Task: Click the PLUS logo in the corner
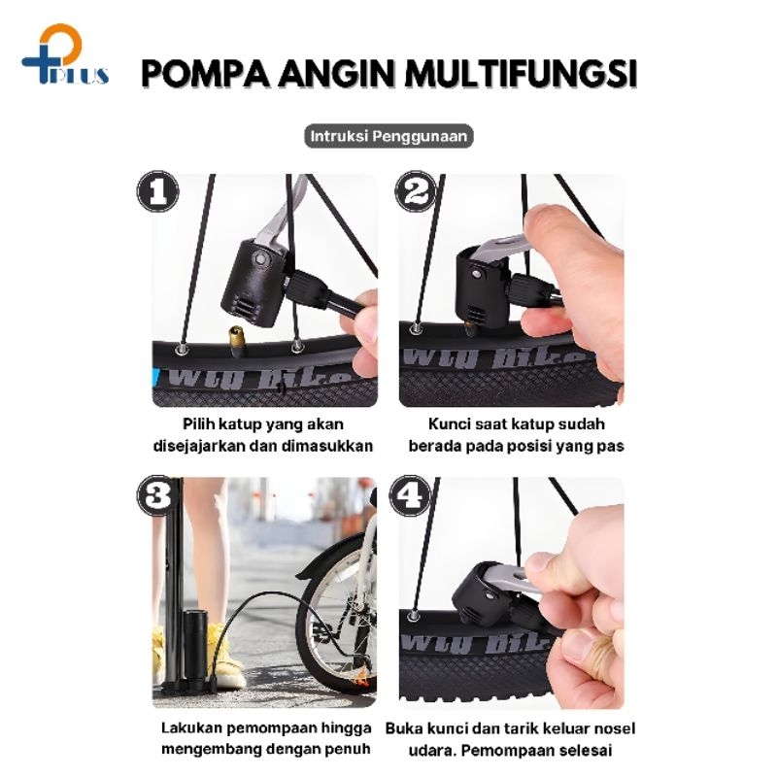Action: pyautogui.click(x=65, y=54)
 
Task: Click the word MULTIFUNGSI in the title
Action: pyautogui.click(x=521, y=74)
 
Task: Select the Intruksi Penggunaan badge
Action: pyautogui.click(x=388, y=136)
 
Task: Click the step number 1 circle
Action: pyautogui.click(x=158, y=191)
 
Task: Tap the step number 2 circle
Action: pyautogui.click(x=417, y=191)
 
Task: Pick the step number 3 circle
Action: pyautogui.click(x=158, y=496)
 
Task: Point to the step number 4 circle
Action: pyautogui.click(x=410, y=496)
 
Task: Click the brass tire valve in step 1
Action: pyautogui.click(x=236, y=341)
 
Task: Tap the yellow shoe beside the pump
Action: pyautogui.click(x=224, y=655)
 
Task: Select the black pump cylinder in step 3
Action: pyautogui.click(x=193, y=649)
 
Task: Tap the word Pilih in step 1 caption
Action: pyautogui.click(x=199, y=424)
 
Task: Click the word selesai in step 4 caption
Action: pyautogui.click(x=586, y=750)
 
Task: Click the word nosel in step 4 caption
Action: pyautogui.click(x=615, y=728)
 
